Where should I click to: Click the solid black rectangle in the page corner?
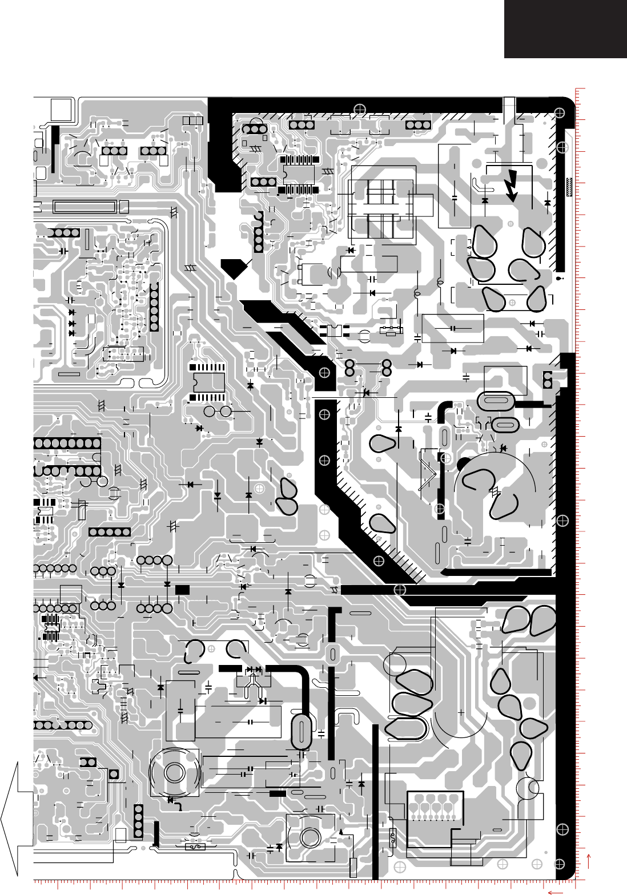tap(565, 29)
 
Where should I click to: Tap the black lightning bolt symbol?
tap(512, 185)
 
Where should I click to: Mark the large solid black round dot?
tap(463, 463)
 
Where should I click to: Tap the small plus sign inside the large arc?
tap(461, 712)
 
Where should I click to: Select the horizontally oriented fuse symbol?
tap(195, 847)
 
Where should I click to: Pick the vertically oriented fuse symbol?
tap(392, 838)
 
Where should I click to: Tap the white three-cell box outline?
tap(193, 121)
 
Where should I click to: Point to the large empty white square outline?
tap(62, 110)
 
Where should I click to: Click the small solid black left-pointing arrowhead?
tap(37, 678)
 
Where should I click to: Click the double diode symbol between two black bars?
tap(253, 669)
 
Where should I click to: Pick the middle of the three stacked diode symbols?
tap(72, 323)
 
